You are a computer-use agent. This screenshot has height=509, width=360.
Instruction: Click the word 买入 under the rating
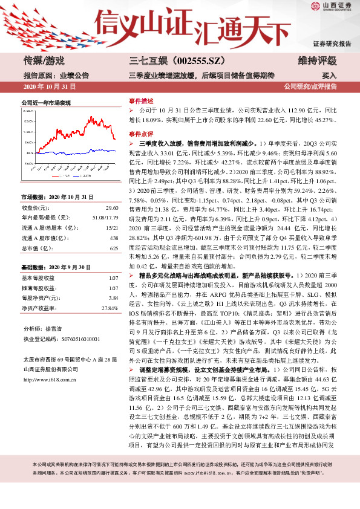[x=329, y=76]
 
